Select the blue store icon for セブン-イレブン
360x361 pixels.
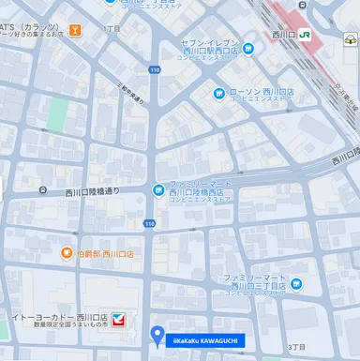(247, 49)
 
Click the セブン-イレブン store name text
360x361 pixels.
(211, 44)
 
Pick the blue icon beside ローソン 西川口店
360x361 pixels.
(220, 93)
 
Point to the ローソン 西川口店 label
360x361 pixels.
(259, 93)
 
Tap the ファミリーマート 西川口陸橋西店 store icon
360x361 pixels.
(157, 190)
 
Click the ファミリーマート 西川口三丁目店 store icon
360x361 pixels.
(296, 284)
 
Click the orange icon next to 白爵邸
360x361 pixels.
(67, 253)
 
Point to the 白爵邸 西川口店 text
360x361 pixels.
(105, 253)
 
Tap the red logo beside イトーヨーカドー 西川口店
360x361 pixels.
(118, 320)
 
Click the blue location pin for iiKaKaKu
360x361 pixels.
(157, 334)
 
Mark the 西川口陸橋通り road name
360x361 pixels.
(93, 191)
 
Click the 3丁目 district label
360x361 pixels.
(298, 347)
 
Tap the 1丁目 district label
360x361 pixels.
(113, 30)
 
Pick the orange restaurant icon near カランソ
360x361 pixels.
(74, 29)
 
